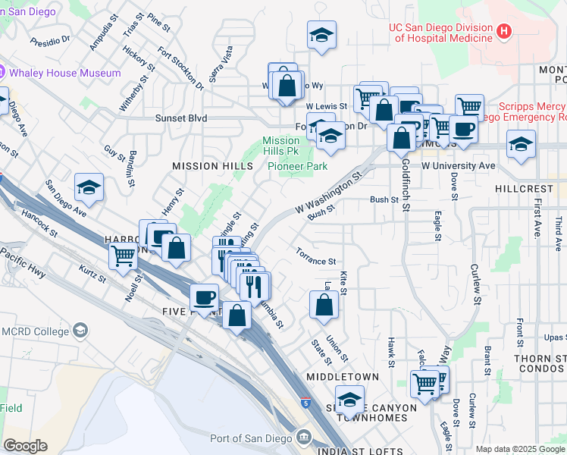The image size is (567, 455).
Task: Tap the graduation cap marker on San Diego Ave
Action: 89,188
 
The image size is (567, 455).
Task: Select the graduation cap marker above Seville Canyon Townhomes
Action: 349,399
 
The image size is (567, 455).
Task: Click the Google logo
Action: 25,446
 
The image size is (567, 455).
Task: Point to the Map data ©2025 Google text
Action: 521,449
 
